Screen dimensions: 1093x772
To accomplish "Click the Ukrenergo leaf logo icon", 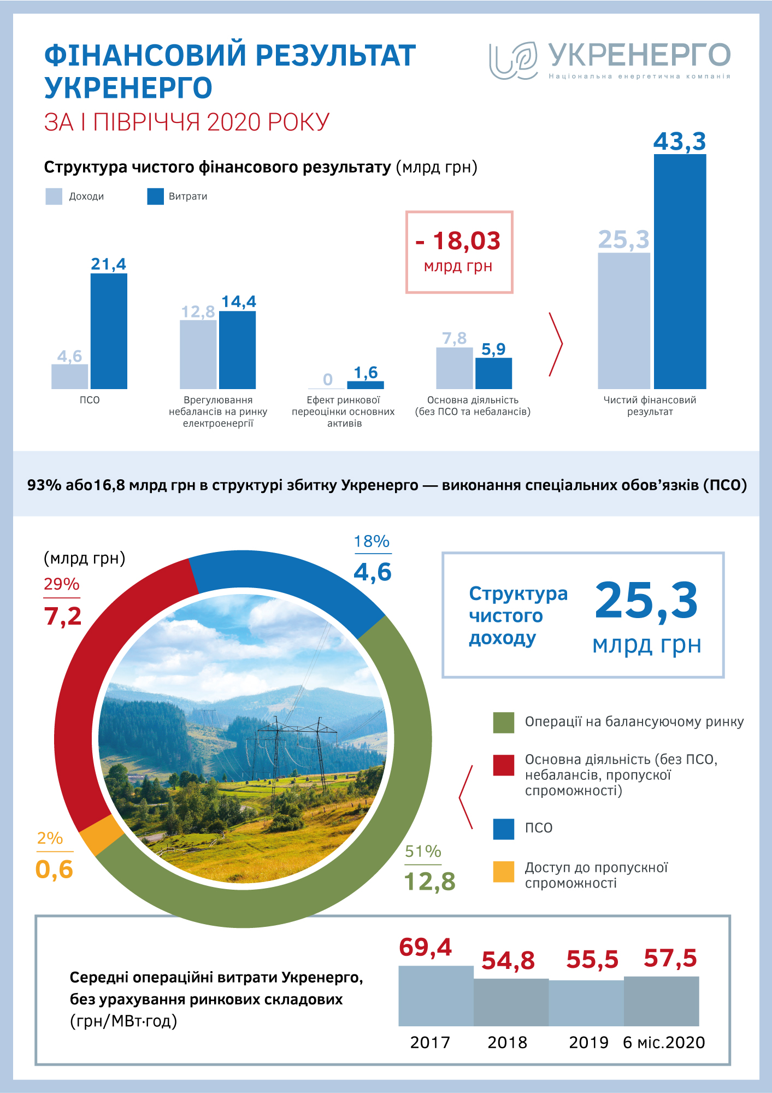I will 513,60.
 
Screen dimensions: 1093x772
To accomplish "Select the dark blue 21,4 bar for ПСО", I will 109,331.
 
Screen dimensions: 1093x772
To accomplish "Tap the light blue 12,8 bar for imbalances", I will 198,354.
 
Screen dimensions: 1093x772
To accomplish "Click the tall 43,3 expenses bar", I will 680,272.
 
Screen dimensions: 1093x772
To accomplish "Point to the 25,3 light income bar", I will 624,321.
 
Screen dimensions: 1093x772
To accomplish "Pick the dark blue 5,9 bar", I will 493,373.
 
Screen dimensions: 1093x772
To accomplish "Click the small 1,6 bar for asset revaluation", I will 366,385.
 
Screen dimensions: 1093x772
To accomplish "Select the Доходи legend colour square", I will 54,197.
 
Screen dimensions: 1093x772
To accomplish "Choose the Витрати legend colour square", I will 155,197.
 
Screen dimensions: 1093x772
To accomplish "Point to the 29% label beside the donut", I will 62,584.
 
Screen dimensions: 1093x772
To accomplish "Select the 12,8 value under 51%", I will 429,882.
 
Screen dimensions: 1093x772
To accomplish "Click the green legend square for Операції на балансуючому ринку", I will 503,722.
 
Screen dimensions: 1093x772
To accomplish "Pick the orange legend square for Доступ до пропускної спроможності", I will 503,872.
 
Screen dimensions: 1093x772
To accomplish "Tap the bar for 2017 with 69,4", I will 435,996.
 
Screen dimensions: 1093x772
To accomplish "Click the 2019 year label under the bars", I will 588,1043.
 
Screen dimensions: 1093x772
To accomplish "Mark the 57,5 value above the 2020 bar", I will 670,958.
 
